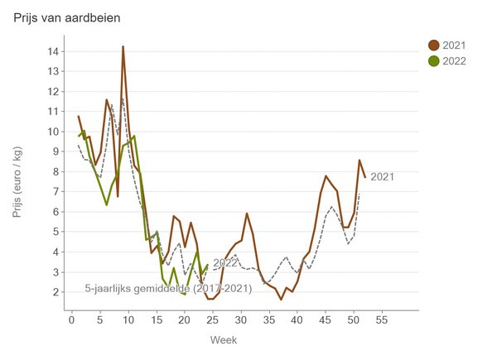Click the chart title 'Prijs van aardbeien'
tap(71, 17)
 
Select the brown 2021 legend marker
tap(434, 45)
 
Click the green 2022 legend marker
tap(434, 60)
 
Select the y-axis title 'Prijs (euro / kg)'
tap(18, 182)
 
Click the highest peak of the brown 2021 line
tap(123, 46)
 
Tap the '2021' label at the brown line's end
tap(382, 176)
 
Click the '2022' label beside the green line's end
tap(225, 263)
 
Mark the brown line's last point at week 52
tap(364, 177)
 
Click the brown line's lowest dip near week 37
tap(281, 299)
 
